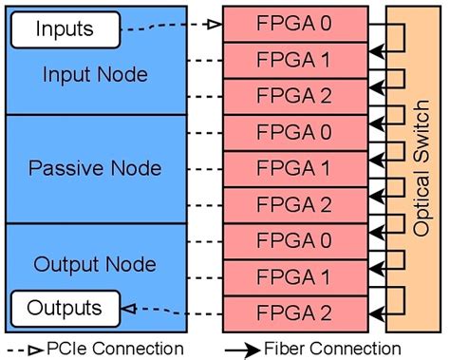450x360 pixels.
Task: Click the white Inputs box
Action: tap(65, 28)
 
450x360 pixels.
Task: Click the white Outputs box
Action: tap(65, 308)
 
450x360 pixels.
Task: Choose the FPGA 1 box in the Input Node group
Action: tap(295, 59)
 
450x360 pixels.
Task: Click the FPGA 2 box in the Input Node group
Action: tap(295, 96)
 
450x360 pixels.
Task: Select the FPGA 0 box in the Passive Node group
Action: tap(295, 132)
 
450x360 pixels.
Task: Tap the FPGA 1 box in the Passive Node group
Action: tap(295, 168)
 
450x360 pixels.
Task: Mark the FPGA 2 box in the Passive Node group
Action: tap(295, 204)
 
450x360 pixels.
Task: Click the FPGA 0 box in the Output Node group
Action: tap(295, 241)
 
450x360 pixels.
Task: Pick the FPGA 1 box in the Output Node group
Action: tap(295, 277)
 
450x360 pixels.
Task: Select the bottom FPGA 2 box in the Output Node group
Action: tap(295, 313)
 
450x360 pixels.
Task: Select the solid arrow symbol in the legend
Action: tap(247, 349)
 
